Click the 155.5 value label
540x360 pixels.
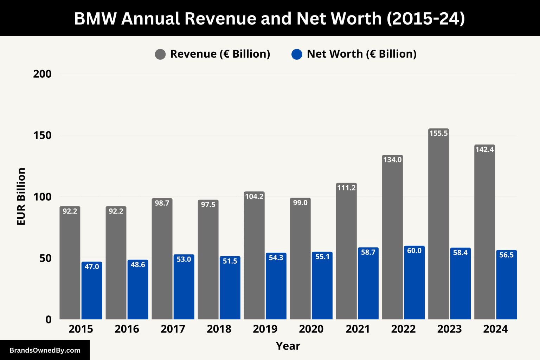coord(438,133)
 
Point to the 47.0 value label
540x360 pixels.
coord(92,266)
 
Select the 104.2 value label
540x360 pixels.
coord(254,196)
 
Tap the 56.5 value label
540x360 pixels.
coord(506,255)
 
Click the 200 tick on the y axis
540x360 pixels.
coord(42,74)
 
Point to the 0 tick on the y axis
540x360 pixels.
coord(49,320)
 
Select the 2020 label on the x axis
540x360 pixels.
coord(311,329)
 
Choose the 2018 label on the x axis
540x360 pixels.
coord(219,329)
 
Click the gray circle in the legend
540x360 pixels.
coord(160,54)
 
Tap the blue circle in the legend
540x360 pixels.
coord(297,54)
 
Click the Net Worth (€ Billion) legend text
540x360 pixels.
coord(361,54)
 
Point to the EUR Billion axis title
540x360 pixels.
coord(21,197)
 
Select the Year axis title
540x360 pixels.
coord(288,346)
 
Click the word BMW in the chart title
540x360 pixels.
coord(95,18)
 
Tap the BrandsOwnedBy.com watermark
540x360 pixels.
coord(45,350)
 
